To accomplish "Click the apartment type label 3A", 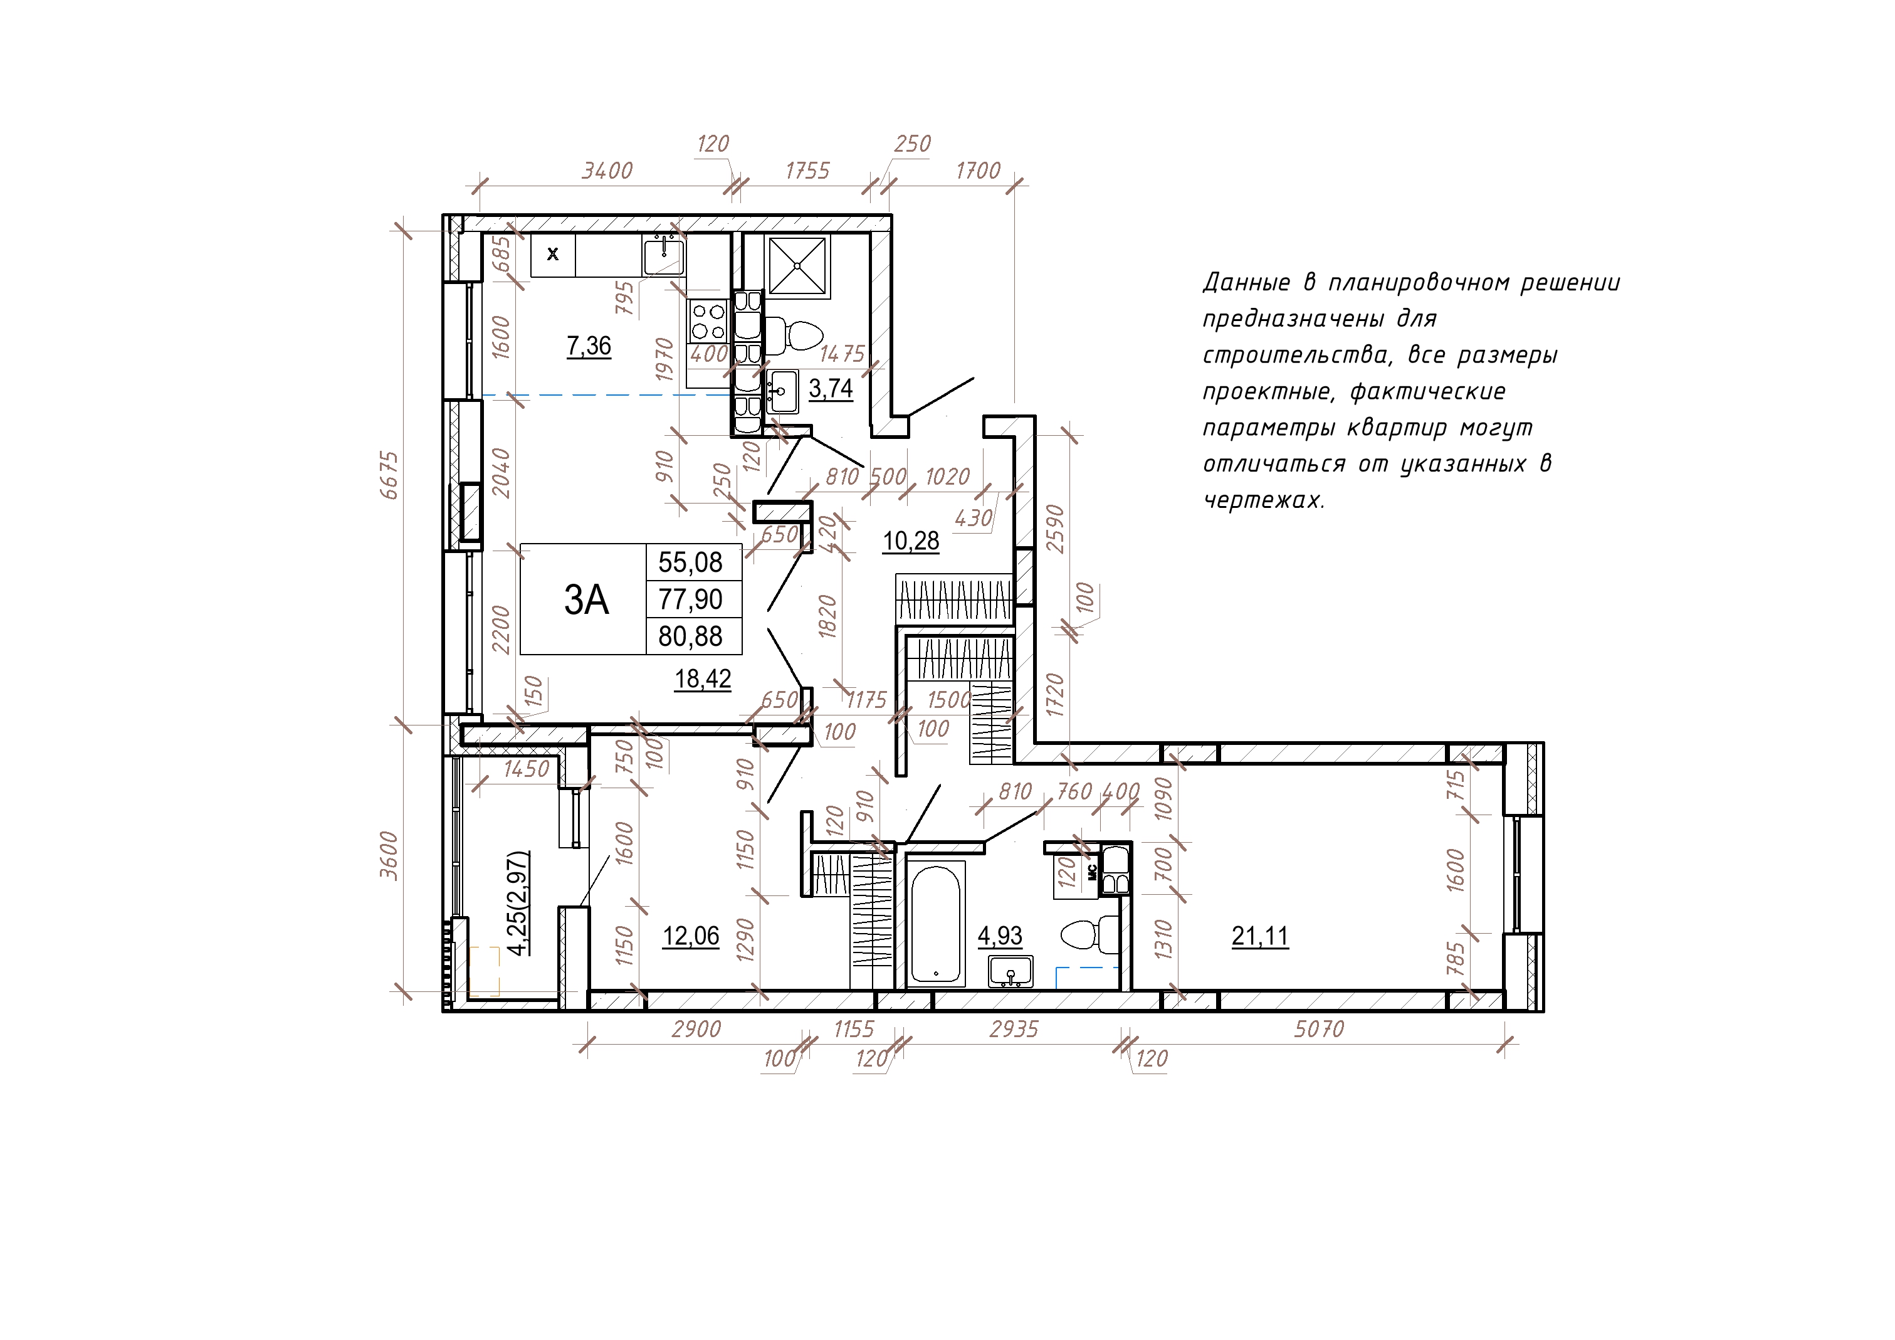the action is pos(586,600).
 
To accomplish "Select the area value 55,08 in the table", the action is pos(690,563).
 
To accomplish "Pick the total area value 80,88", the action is pos(690,636).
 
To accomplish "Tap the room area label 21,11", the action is pos(1259,936).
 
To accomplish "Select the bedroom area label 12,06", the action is pos(691,936).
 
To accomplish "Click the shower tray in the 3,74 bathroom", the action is pos(797,266).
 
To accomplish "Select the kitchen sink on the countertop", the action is pos(664,255).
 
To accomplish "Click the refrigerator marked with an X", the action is pos(553,255).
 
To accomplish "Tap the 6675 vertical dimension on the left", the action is pos(389,475).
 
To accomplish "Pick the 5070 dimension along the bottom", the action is pos(1319,1029).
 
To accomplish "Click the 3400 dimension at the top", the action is pos(607,171).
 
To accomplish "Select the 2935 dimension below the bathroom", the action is pos(1014,1029).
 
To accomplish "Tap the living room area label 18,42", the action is pos(703,678).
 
